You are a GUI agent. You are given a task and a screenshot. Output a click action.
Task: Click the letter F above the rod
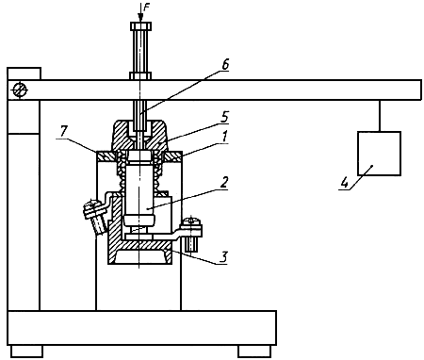click(147, 8)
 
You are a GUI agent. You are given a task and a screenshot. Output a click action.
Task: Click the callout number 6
click(225, 64)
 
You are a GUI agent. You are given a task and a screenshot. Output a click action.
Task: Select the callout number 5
click(224, 117)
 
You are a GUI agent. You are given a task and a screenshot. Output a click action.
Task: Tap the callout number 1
click(224, 137)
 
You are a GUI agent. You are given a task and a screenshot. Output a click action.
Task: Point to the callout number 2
click(223, 183)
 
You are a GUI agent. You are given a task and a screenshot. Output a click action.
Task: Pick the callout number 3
click(222, 257)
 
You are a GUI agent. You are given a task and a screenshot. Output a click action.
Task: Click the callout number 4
click(345, 183)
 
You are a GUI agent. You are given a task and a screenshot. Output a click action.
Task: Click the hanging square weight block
click(379, 154)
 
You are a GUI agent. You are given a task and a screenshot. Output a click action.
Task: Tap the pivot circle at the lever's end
click(20, 90)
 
